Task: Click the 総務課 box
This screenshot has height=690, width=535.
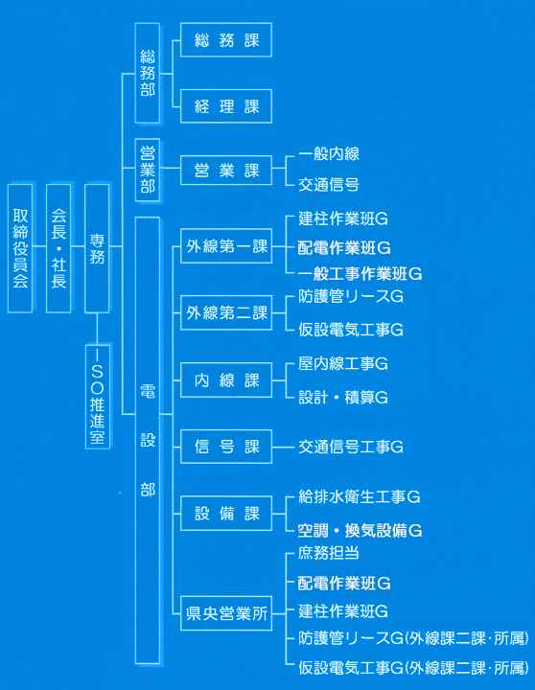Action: (226, 40)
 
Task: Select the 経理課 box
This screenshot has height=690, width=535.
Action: (226, 106)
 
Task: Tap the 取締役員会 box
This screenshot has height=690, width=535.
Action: (20, 248)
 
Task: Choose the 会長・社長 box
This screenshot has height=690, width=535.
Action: (58, 248)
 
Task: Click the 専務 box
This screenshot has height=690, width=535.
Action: (97, 248)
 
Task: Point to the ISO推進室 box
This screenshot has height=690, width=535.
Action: (97, 397)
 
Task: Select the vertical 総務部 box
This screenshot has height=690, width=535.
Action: (148, 73)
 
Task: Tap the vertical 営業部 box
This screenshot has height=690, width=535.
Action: (148, 170)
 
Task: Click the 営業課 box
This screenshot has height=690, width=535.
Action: (226, 170)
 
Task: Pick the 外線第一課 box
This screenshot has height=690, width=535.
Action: (226, 246)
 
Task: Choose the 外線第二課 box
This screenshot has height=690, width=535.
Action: (226, 312)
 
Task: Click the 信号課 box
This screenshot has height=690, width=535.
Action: (226, 447)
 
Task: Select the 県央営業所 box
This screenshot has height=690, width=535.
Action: (226, 613)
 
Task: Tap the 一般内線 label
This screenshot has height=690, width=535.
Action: (329, 154)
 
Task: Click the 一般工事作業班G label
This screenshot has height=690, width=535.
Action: (360, 274)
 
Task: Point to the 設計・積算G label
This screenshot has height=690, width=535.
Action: (343, 398)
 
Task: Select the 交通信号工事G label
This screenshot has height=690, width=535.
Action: (351, 448)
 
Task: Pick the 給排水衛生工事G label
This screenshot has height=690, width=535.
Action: (359, 496)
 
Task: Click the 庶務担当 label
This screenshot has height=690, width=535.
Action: (329, 553)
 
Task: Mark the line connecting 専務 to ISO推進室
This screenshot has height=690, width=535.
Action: (97, 329)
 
